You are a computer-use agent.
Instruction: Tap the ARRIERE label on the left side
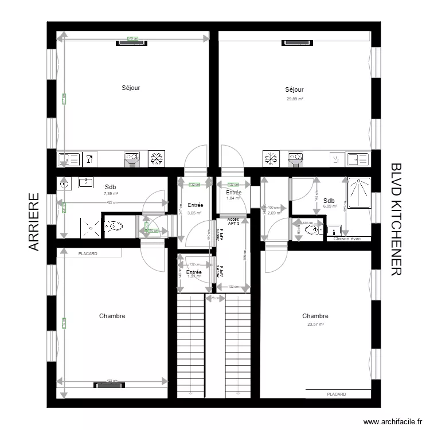point(34,222)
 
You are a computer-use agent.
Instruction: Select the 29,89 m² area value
point(295,99)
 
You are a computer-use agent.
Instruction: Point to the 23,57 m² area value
point(315,324)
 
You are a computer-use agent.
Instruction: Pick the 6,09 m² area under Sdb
point(329,207)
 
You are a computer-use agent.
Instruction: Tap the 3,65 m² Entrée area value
point(194,213)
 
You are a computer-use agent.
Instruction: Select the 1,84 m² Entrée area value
point(233,198)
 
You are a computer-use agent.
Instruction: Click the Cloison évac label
point(347,239)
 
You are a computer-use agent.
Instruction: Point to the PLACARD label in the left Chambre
point(88,253)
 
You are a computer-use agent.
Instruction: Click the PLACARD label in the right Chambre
point(337,394)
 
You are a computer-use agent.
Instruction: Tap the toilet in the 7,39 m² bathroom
point(113,226)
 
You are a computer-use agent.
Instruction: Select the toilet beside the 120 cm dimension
point(312,230)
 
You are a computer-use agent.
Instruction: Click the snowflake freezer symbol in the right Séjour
point(271,159)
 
